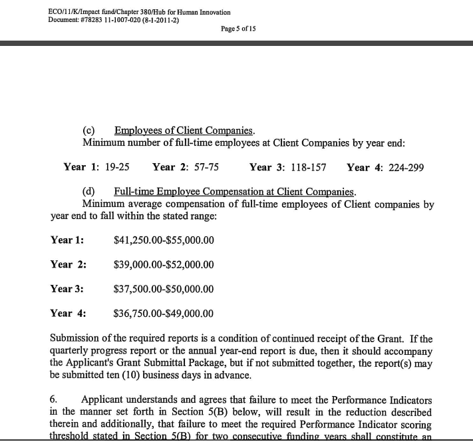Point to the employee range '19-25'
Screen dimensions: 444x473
(117, 167)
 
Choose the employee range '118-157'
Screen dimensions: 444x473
(309, 167)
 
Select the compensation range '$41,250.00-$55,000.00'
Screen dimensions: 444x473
(164, 240)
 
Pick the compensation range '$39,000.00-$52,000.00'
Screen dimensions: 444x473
(164, 265)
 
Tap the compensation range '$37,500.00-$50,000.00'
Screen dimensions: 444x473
(164, 289)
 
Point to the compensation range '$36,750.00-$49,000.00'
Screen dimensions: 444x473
(164, 313)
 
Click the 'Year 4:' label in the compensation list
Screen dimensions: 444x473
(68, 313)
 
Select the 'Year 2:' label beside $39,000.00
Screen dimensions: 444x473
(68, 265)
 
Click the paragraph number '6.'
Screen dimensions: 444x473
(55, 400)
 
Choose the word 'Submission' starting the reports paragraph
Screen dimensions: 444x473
(77, 339)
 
